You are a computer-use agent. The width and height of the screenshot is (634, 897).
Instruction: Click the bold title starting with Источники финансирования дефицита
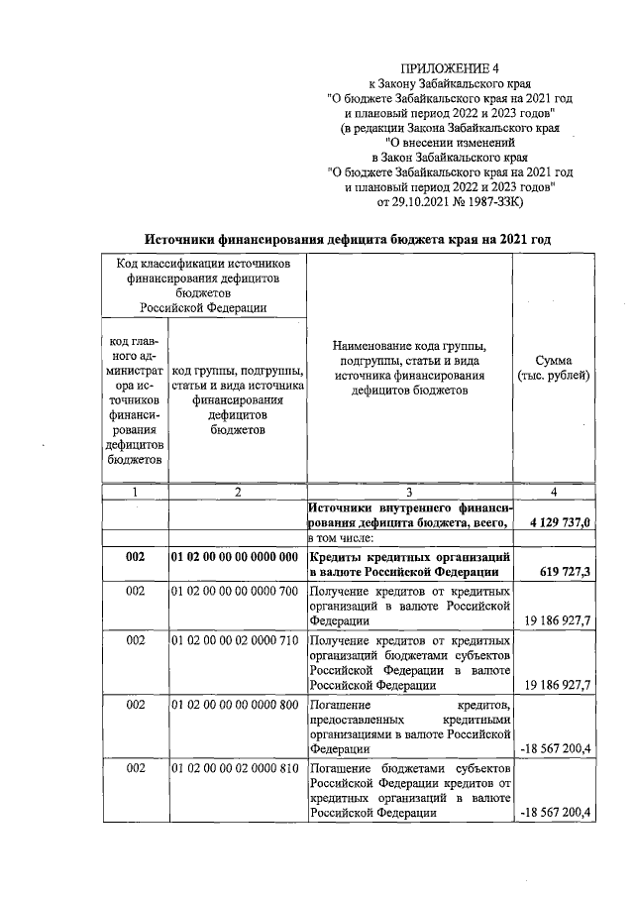click(348, 239)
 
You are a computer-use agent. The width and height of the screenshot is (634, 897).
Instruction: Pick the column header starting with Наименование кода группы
click(409, 369)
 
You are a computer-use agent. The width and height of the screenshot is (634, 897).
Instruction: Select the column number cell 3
click(408, 492)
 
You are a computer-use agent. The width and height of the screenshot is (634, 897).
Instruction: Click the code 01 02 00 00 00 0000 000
click(235, 558)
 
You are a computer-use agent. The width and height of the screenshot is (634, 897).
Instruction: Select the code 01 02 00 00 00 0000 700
click(235, 591)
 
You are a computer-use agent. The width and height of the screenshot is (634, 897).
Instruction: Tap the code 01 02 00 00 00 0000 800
click(235, 705)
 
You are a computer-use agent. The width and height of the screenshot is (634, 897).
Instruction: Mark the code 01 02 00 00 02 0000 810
click(235, 769)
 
